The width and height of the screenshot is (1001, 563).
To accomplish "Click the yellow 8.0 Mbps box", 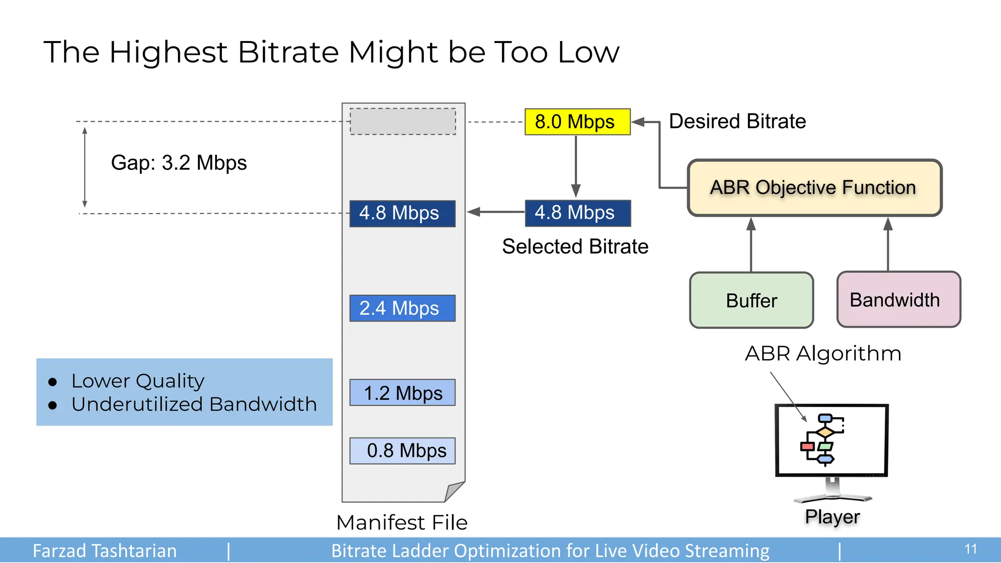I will [x=577, y=122].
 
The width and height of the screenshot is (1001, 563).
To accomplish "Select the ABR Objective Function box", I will [x=814, y=188].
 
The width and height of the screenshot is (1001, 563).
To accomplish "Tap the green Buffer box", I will [x=751, y=300].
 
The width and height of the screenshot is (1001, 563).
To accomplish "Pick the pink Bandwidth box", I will [x=898, y=300].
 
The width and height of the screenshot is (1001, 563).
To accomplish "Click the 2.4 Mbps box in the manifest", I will [x=402, y=308].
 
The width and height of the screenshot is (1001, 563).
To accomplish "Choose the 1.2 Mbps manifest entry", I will [x=402, y=392].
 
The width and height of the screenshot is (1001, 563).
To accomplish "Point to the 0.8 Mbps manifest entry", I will [x=402, y=450].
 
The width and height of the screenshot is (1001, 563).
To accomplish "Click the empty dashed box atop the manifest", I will [x=403, y=121].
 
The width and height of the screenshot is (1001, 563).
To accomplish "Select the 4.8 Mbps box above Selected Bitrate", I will [x=577, y=213].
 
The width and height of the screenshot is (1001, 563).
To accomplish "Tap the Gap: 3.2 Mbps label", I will [x=179, y=163].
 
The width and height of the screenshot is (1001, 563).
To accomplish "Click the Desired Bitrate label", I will [x=737, y=121].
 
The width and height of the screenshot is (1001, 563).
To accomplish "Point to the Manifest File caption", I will [x=402, y=522].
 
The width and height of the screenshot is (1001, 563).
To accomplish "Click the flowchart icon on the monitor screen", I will [x=823, y=439].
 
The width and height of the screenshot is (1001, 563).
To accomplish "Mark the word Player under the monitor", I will [x=832, y=517].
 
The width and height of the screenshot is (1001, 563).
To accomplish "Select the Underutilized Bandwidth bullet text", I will [x=194, y=404].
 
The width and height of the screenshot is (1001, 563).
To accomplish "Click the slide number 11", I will [x=970, y=549].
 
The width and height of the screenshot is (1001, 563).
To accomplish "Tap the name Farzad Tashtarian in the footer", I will [x=105, y=551].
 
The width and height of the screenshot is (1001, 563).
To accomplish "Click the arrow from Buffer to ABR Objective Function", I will [x=751, y=244].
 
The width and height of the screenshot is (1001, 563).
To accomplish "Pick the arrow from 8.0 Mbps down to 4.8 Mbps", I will [x=576, y=166].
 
